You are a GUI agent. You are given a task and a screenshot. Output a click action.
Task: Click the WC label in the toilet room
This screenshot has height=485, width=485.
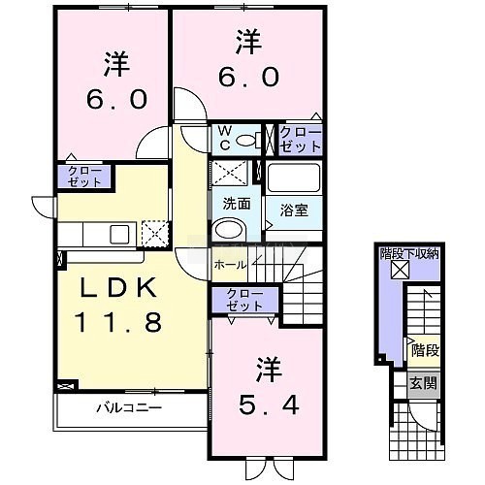225,139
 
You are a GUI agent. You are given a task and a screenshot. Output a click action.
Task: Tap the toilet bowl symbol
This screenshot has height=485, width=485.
248,140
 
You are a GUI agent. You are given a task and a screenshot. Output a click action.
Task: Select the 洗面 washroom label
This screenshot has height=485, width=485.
237,204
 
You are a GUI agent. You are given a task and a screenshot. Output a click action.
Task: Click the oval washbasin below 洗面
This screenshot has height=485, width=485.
229,230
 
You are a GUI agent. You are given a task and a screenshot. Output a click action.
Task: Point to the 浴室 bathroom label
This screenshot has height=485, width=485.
294,210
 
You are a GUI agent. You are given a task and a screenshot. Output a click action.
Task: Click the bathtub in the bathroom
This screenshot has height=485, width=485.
294,178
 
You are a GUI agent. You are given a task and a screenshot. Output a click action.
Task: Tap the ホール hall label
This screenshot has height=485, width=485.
230,265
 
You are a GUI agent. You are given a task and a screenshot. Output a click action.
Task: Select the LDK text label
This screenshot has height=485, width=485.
118,287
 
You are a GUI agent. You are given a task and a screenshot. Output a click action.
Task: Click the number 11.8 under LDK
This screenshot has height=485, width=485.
118,322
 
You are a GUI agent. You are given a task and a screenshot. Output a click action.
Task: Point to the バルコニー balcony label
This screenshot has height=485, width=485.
129,407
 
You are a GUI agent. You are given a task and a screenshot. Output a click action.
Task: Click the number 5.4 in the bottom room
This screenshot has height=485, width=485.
269,404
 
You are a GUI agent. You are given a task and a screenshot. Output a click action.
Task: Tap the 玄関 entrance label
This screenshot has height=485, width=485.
423,384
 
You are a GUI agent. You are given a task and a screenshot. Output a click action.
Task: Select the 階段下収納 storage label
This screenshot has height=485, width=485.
409,254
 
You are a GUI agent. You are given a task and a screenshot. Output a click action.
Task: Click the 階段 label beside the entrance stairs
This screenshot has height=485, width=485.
425,350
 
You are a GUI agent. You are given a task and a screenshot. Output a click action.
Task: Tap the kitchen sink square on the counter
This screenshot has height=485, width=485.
119,234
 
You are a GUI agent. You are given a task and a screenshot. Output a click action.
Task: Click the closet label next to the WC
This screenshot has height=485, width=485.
301,140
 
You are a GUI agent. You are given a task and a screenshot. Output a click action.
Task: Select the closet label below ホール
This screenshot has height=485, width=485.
244,300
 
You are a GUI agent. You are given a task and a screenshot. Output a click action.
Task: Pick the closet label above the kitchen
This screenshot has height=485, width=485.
84,177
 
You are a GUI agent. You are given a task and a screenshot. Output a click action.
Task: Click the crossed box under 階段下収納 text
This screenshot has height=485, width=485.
400,270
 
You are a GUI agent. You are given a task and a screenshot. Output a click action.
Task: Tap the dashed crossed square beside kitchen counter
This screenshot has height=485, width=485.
155,234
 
